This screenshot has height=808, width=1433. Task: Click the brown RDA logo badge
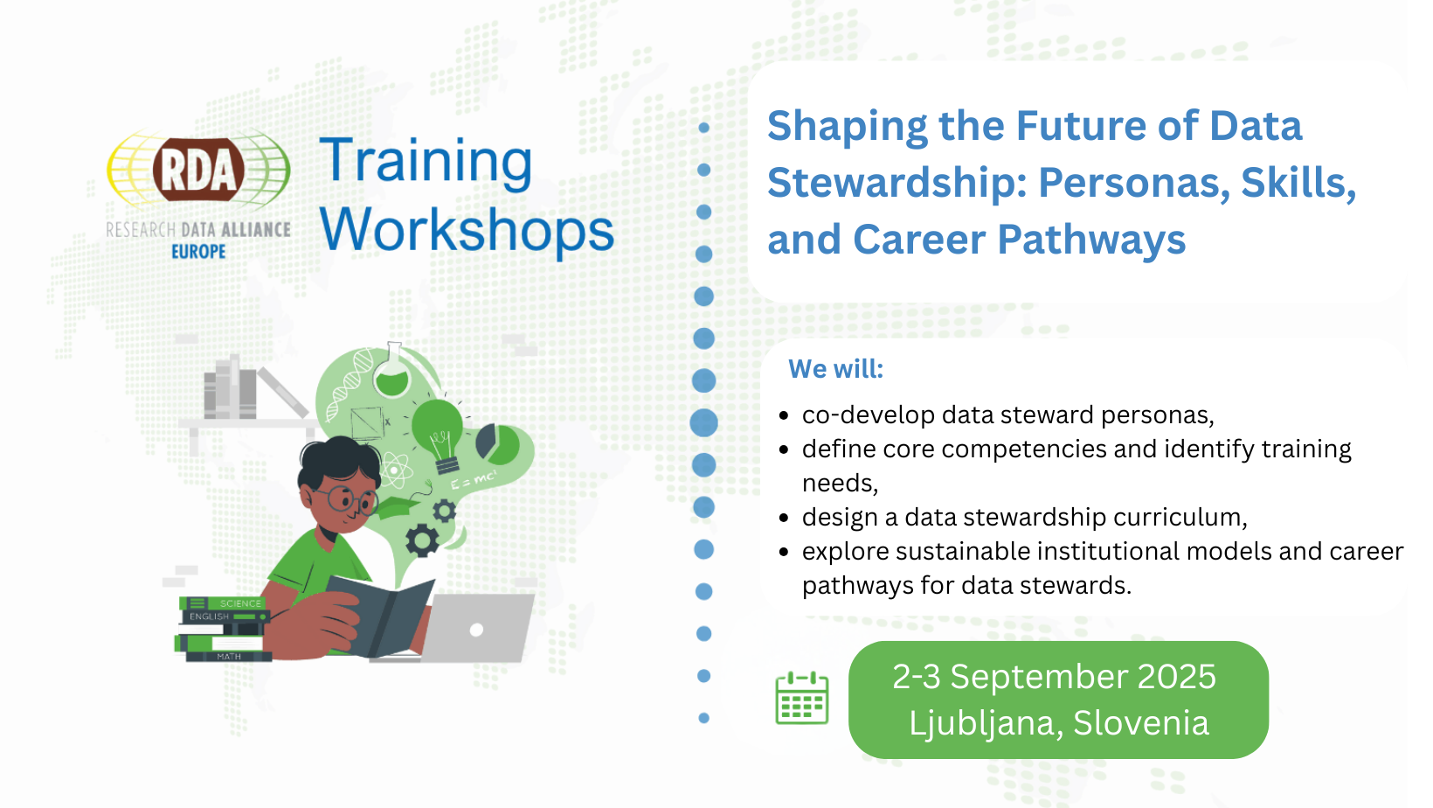coord(198,170)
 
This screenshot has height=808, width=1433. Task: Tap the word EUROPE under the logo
coord(198,252)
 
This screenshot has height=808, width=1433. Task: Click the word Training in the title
coord(426,163)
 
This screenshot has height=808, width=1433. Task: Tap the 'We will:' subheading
coord(835,369)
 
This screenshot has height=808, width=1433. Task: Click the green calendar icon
coord(801,699)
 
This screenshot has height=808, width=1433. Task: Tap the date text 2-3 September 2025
coord(1054,677)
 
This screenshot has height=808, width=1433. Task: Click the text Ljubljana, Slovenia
coord(1059,723)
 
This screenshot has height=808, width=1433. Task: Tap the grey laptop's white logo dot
coord(476,630)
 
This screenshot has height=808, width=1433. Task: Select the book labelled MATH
coord(228,656)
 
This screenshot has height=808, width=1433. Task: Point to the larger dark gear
coord(422,540)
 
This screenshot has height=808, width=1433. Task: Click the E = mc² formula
coord(474,479)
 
